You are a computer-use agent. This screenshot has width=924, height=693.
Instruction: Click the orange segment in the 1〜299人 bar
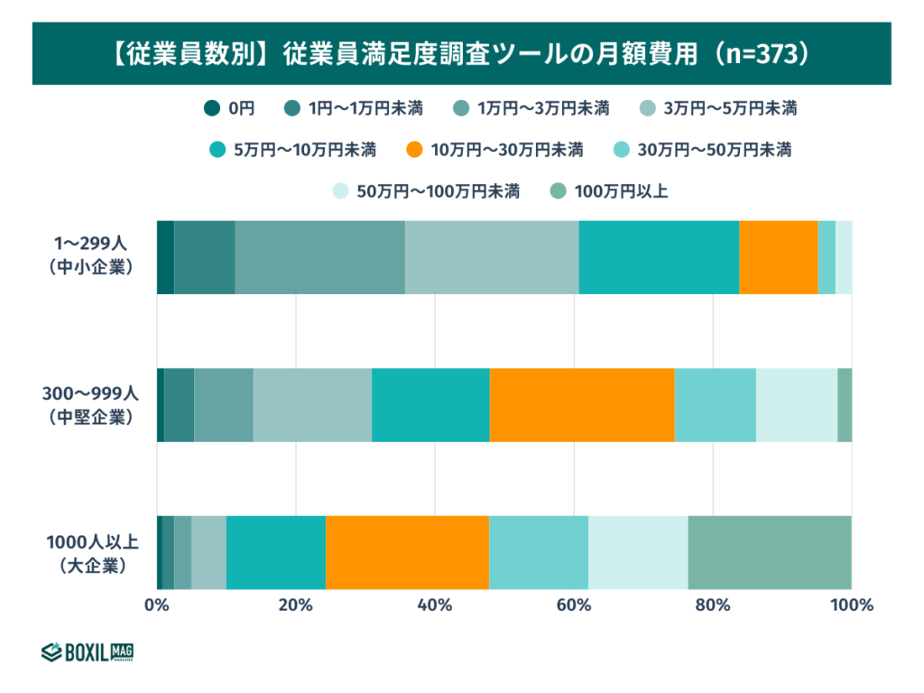click(778, 257)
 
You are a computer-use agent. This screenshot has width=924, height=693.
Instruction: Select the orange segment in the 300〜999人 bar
click(582, 405)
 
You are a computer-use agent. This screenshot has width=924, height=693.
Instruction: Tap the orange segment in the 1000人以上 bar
click(407, 553)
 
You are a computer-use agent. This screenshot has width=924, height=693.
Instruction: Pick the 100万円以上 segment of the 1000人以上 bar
click(770, 553)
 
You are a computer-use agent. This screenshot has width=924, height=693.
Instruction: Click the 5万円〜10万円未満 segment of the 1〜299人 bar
click(659, 257)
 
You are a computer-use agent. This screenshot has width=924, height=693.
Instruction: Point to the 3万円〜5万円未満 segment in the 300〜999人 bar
click(312, 405)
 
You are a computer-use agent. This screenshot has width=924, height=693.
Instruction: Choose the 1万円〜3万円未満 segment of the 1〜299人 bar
click(319, 257)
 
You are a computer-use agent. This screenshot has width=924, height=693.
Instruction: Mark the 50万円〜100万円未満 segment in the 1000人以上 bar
click(638, 553)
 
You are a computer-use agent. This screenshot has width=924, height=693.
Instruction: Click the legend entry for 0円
click(230, 108)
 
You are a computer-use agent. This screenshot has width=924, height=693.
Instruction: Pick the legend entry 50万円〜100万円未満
click(426, 191)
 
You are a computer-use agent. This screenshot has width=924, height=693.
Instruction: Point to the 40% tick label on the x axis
click(435, 605)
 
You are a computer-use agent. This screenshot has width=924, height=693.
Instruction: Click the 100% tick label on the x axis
click(852, 605)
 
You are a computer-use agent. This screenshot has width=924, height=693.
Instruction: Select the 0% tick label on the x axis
click(157, 605)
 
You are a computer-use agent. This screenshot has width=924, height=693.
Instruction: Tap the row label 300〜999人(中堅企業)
click(89, 405)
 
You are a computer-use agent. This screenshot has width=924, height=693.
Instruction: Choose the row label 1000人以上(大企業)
click(91, 553)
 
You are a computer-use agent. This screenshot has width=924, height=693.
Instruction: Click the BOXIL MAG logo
click(88, 651)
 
